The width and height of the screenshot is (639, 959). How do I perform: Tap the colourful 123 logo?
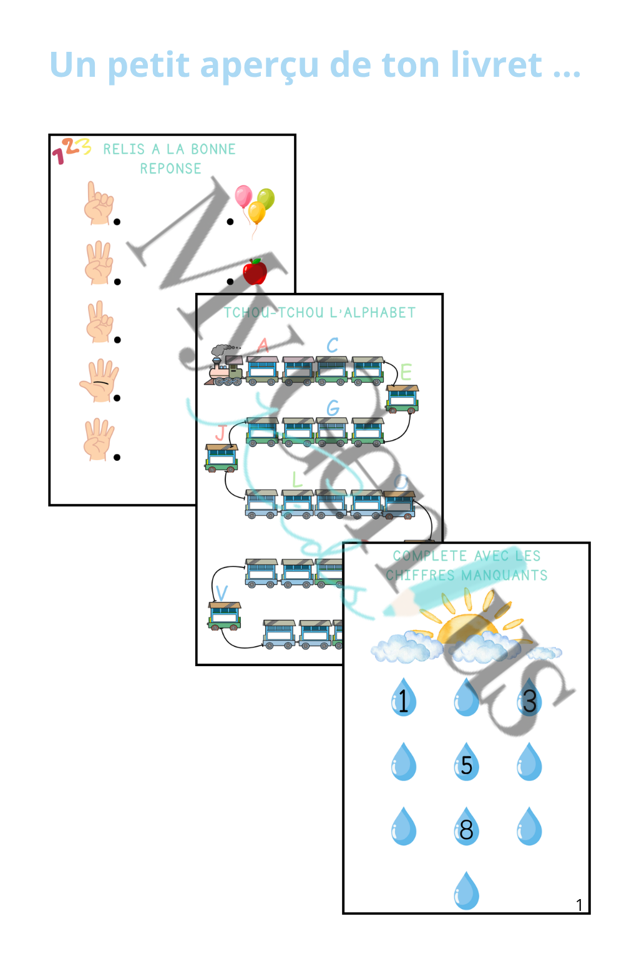click(71, 150)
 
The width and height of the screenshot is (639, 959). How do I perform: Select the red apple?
click(255, 272)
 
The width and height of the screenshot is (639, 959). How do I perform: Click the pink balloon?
click(243, 197)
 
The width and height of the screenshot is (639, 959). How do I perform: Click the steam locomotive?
click(225, 366)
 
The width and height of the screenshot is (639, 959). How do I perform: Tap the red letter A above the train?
click(263, 345)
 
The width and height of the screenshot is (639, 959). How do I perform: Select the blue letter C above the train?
click(333, 345)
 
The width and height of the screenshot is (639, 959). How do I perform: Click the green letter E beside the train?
click(406, 372)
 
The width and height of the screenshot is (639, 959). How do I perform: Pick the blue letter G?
click(333, 408)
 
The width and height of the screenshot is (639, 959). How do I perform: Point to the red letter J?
click(220, 432)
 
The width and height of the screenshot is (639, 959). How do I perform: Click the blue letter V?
click(222, 593)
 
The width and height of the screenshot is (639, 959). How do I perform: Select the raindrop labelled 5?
click(466, 762)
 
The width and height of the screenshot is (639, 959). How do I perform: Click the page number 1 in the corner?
click(579, 905)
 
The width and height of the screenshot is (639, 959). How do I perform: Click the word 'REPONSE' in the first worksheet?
click(170, 169)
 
